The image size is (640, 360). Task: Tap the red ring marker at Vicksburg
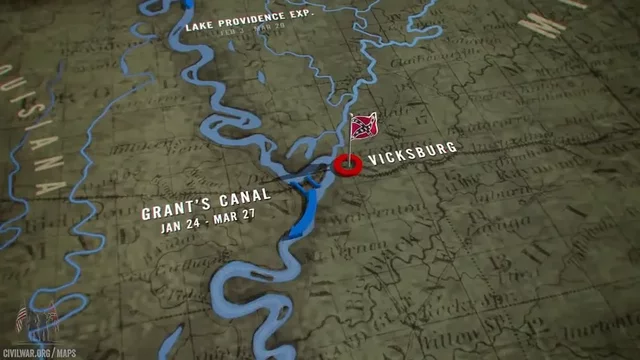tap(347, 166)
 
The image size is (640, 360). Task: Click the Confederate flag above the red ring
tap(363, 127)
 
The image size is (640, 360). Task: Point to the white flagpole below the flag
tap(350, 152)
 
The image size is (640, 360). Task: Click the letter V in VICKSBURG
tap(372, 160)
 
